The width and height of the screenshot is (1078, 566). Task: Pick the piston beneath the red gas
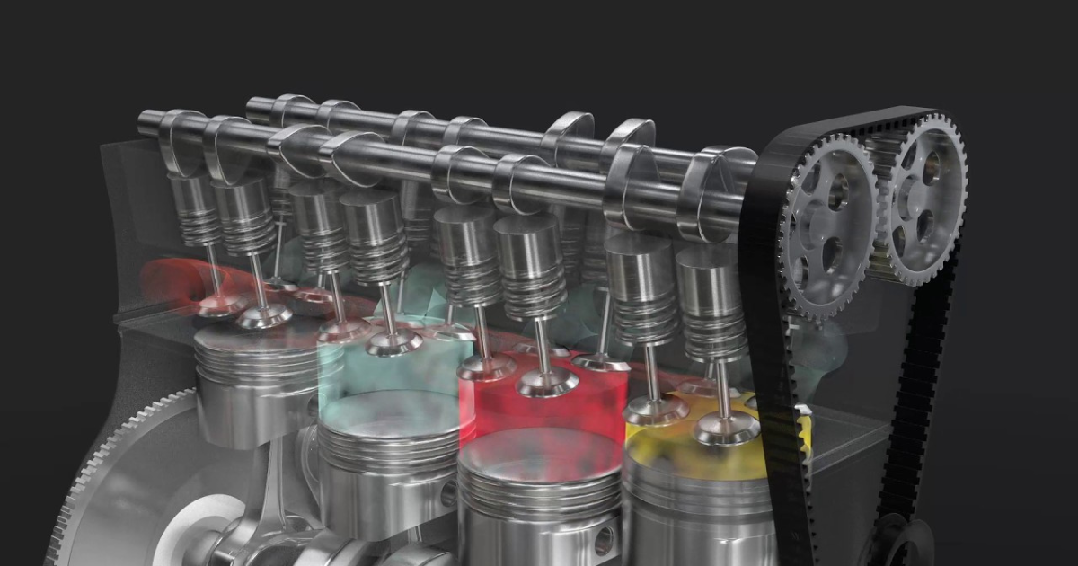point(539,494)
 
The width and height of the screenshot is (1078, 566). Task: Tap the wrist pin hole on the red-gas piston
point(603,540)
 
